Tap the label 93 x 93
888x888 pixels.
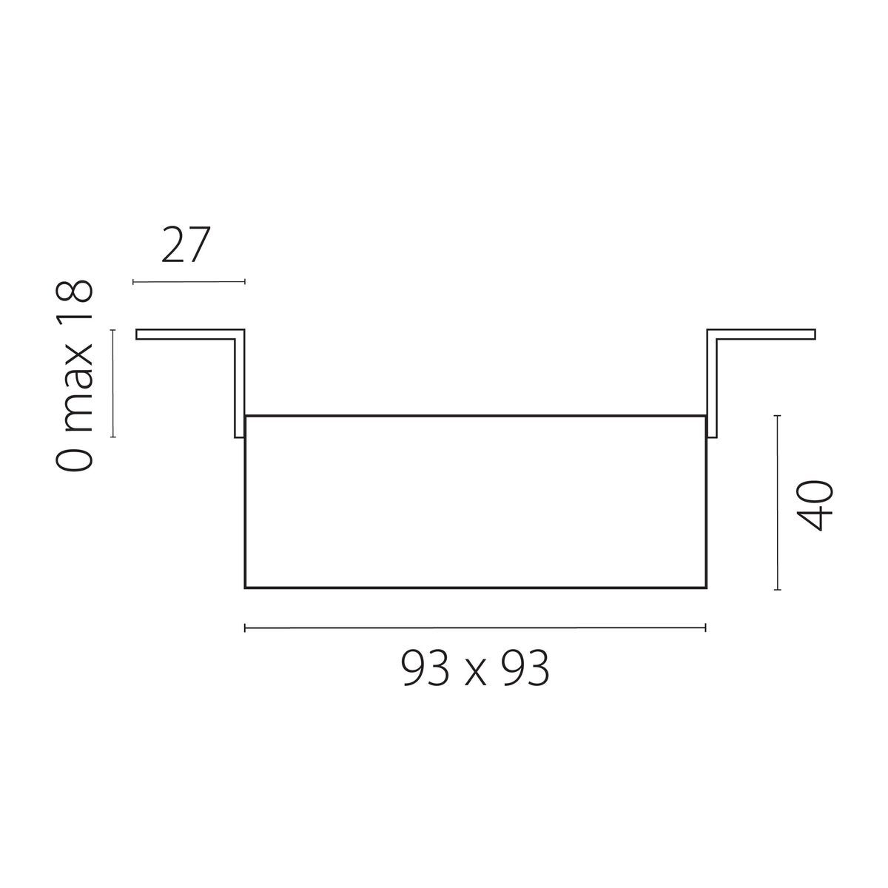tap(475, 670)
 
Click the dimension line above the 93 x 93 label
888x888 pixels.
tap(475, 628)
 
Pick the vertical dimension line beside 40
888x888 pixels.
tap(777, 503)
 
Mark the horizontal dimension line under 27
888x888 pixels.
tap(189, 281)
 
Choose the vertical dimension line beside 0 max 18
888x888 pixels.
tap(113, 383)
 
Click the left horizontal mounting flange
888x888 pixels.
tap(185, 334)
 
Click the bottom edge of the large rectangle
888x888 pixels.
tap(475, 588)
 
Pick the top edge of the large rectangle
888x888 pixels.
tap(475, 416)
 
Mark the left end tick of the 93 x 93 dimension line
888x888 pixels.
tap(245, 628)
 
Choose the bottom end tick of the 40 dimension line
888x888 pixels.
tap(777, 590)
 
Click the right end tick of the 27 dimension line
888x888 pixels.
tap(244, 281)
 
